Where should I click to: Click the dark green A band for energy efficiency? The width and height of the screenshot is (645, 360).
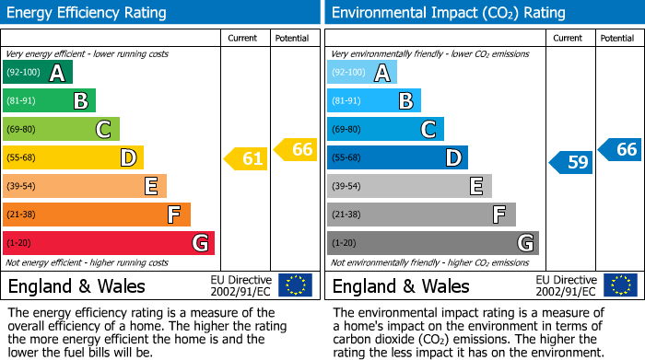(x=37, y=73)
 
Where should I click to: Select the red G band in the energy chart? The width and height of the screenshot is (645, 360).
(x=108, y=243)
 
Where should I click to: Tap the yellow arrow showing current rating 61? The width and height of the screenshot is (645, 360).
(x=246, y=159)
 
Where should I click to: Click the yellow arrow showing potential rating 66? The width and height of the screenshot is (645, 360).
(x=296, y=149)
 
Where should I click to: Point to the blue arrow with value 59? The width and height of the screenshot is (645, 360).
(x=571, y=163)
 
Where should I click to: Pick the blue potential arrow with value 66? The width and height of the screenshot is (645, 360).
(x=620, y=149)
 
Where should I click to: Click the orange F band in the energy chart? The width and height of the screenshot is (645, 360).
(x=96, y=215)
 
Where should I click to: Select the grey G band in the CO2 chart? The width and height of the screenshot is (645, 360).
(x=432, y=243)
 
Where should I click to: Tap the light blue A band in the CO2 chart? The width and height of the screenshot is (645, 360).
(x=361, y=73)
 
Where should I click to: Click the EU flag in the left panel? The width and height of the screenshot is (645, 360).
(x=295, y=285)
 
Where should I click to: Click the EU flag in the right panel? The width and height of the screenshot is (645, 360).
(x=620, y=285)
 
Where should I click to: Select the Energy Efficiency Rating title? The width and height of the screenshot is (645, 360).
(x=88, y=13)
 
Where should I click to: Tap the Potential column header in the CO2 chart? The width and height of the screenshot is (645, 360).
(x=616, y=38)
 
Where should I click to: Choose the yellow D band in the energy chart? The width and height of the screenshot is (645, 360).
(x=73, y=157)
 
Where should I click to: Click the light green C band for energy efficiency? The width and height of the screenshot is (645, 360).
(x=61, y=130)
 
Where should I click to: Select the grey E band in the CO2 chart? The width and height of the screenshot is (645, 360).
(x=408, y=186)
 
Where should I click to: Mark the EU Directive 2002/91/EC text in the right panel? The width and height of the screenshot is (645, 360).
(x=565, y=285)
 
